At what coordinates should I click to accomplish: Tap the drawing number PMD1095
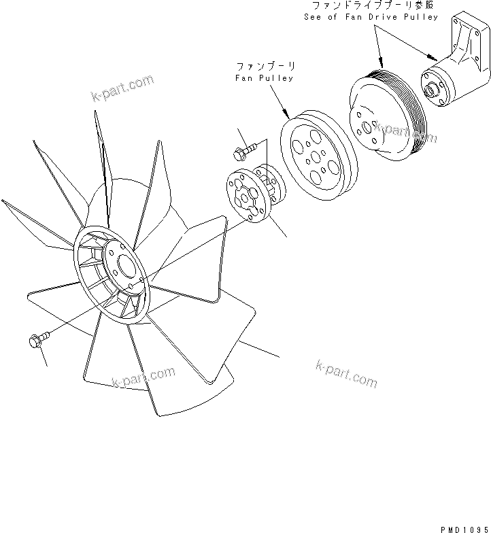(x=464, y=527)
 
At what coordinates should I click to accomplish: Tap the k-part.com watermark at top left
(x=123, y=90)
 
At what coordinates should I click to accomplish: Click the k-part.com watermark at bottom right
(x=346, y=373)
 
